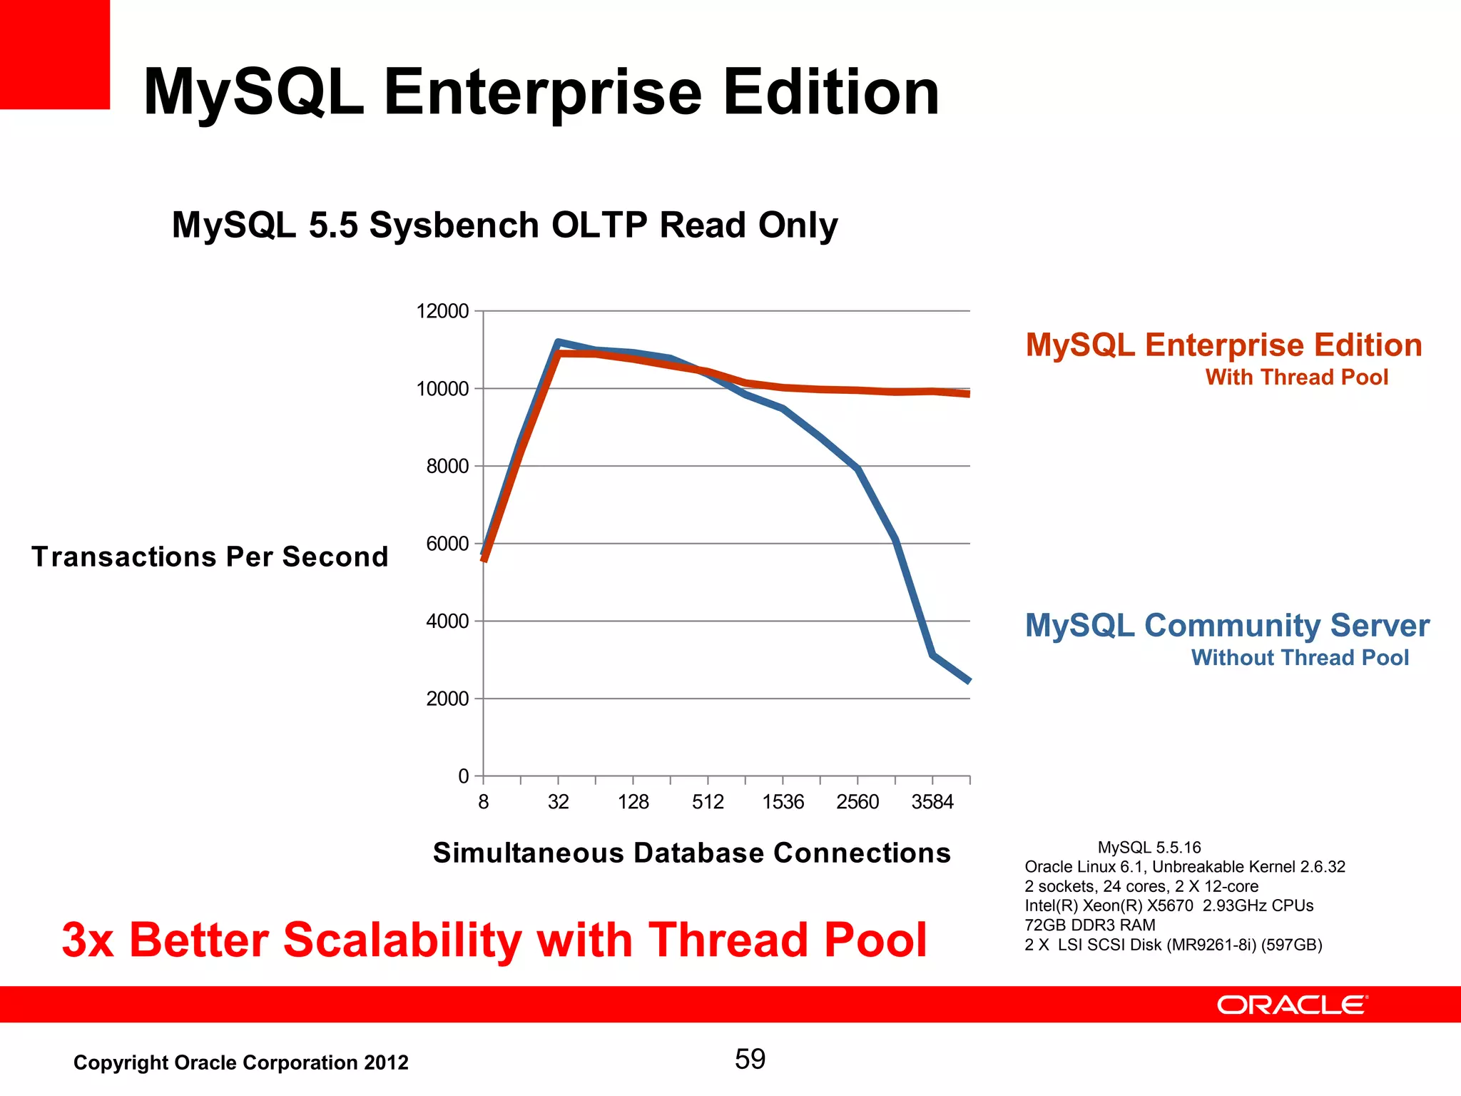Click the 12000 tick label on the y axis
coord(442,312)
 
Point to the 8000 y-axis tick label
coord(447,467)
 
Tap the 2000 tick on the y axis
coord(447,699)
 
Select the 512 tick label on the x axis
coord(708,803)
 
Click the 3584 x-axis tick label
coord(932,803)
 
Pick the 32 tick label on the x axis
coord(558,803)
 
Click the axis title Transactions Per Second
coord(210,557)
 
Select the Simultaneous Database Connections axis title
coord(691,853)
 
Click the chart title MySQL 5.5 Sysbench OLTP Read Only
coord(504,225)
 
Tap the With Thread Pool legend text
coord(1296,377)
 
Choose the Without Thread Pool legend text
coord(1300,658)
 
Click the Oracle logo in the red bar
coord(1292,1005)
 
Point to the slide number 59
coord(750,1060)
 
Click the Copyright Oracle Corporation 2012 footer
coord(241,1063)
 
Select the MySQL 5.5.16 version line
coord(1149,848)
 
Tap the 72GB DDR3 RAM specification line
coord(1089,925)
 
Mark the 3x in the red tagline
coord(88,940)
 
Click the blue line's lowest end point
coord(968,681)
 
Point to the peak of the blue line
coord(558,342)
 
